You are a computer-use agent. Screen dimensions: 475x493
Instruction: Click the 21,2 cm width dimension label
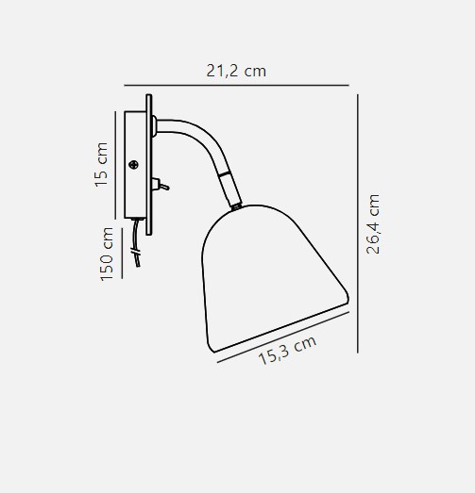pos(236,71)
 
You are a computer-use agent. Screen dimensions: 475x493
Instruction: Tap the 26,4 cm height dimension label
pos(374,224)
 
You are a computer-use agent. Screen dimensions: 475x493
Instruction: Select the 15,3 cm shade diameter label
pos(287,350)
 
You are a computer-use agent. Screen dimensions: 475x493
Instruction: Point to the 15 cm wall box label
pos(101,165)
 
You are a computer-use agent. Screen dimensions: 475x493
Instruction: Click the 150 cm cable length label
pos(107,254)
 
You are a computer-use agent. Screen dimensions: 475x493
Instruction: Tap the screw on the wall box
pos(134,164)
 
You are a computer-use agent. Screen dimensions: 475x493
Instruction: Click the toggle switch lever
pos(163,187)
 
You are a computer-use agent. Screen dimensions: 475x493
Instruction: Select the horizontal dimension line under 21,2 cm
pos(236,85)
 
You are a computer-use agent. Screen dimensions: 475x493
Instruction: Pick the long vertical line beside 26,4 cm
pos(358,223)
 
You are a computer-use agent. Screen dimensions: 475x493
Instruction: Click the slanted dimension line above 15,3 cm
pos(283,337)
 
